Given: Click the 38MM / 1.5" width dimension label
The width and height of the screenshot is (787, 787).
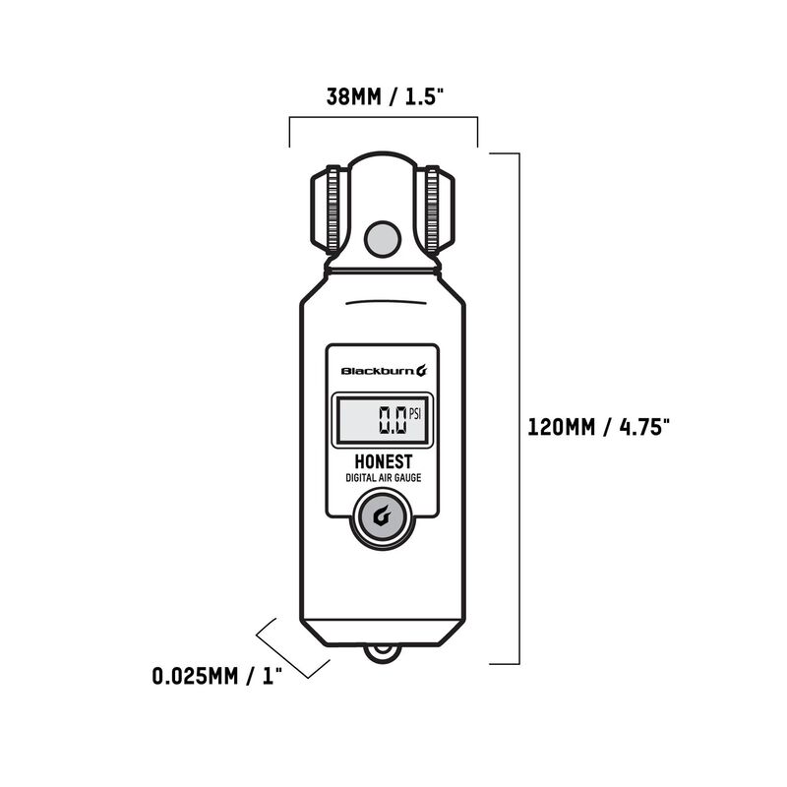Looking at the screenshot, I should (383, 97).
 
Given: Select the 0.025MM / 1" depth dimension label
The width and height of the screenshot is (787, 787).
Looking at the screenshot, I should (216, 676).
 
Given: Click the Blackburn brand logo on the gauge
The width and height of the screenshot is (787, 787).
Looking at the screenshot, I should (376, 371).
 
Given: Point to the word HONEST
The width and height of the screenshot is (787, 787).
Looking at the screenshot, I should (383, 461).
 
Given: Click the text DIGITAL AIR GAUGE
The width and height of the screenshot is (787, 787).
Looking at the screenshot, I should (383, 478).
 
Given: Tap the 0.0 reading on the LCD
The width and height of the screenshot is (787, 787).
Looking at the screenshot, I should (393, 420).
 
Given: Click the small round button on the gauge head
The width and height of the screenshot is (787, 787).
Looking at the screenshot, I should (379, 237).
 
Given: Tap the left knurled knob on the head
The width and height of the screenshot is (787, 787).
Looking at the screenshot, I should (327, 210).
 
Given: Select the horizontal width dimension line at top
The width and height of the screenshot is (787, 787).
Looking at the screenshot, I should (383, 119).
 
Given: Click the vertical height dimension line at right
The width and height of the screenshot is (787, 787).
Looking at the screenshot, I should (517, 408).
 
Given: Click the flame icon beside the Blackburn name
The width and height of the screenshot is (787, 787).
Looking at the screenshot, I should (421, 371).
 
